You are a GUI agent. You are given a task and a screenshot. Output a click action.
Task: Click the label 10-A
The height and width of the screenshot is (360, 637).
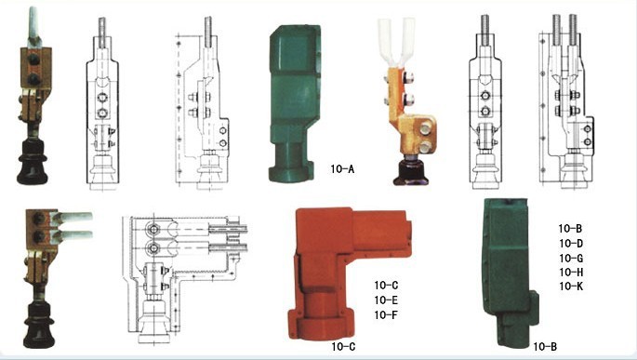[342, 169]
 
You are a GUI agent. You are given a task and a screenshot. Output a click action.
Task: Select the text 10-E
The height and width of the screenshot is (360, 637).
[386, 300]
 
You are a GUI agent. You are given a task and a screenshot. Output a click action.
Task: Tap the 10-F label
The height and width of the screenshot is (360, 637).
[386, 314]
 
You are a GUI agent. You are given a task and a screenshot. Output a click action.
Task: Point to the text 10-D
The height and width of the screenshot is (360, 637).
[571, 243]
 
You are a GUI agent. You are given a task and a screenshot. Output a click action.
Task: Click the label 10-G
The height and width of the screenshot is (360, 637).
[571, 258]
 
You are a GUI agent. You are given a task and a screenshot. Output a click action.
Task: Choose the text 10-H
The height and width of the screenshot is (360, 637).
[571, 272]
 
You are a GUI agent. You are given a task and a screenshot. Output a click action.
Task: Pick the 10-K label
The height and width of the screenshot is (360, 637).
[571, 287]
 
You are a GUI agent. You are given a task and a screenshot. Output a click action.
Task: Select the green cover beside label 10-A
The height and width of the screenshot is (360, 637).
[294, 101]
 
